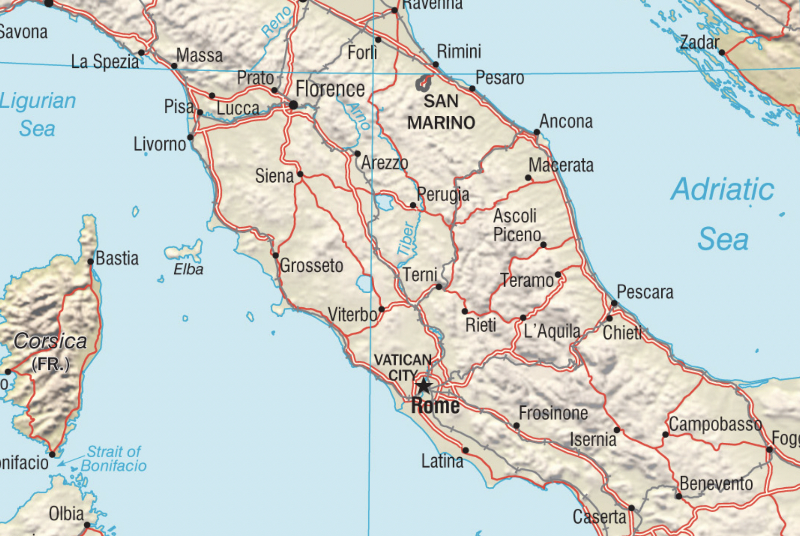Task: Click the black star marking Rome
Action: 423,386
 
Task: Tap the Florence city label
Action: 330,89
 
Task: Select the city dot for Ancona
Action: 537,132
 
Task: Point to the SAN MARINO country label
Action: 441,112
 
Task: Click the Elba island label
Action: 188,269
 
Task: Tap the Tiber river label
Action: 406,239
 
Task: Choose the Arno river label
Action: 360,116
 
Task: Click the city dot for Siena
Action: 300,174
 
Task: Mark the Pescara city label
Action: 644,292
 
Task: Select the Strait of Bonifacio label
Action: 114,458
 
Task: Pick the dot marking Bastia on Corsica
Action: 91,261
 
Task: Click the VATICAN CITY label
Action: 402,367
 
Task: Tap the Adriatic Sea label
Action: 723,214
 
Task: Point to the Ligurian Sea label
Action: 37,114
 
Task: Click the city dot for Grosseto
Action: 276,255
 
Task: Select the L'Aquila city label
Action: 552,331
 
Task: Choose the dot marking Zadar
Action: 722,52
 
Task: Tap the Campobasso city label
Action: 715,424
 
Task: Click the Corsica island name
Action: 50,341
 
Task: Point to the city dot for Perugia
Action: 413,205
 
